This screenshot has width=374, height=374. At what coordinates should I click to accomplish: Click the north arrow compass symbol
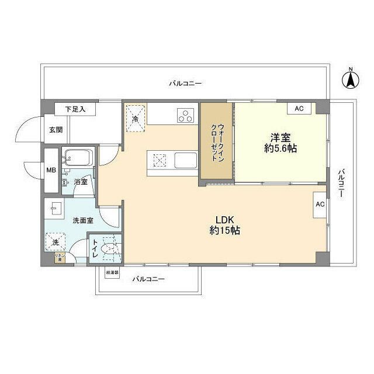point(351,79)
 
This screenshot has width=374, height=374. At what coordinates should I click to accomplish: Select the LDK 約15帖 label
point(225,225)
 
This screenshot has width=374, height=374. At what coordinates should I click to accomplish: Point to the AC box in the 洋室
point(299,109)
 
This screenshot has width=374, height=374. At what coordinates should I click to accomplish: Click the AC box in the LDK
point(320,205)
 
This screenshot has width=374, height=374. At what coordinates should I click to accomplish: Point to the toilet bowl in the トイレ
point(108,250)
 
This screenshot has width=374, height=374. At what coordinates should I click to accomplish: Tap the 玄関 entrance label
point(55,130)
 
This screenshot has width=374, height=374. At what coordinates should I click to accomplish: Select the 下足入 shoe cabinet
point(74,109)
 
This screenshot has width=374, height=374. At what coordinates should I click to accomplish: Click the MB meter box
point(51,171)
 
